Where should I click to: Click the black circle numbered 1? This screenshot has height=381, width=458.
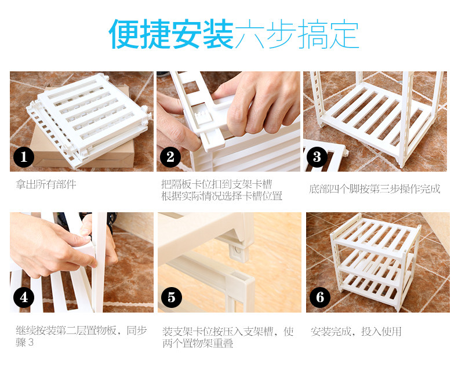(24, 157)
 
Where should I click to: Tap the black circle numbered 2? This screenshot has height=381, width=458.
(170, 157)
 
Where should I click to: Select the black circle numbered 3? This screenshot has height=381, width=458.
(317, 157)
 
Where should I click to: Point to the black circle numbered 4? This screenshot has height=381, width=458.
(24, 297)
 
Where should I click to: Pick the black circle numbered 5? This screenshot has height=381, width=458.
(172, 297)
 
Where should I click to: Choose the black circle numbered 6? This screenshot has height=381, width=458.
(320, 297)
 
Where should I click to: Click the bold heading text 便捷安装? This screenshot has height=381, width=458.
(171, 34)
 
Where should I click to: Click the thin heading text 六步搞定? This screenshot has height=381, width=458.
(297, 34)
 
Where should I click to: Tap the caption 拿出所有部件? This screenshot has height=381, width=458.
(46, 184)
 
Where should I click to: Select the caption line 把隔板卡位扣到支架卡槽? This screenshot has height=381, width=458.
(217, 184)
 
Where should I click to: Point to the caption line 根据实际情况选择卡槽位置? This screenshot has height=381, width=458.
(221, 196)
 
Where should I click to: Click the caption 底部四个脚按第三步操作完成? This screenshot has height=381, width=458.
(375, 189)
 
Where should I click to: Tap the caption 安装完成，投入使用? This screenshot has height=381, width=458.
(356, 332)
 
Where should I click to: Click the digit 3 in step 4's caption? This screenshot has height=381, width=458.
(31, 342)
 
